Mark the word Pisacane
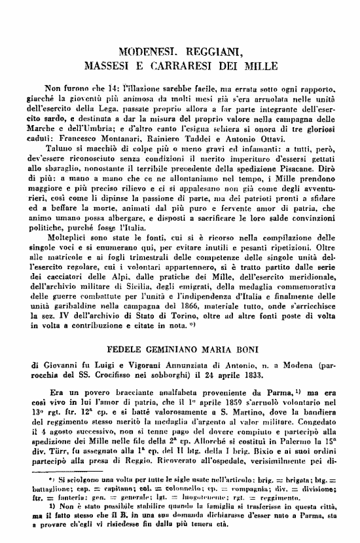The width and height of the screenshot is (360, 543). click(x=313, y=167)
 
